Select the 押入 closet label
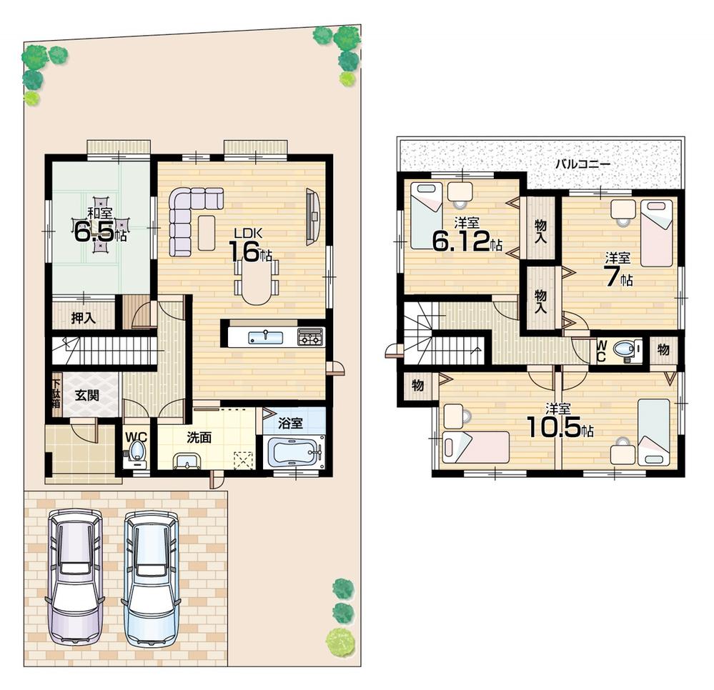(x=84, y=318)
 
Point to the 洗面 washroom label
(x=199, y=437)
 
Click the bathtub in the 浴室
(x=294, y=451)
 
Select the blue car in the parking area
(x=151, y=577)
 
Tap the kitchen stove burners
(x=310, y=336)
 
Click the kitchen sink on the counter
(x=265, y=336)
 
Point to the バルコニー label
(x=583, y=164)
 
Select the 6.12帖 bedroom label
(x=466, y=236)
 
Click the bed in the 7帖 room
(x=656, y=232)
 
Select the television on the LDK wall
(x=312, y=216)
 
